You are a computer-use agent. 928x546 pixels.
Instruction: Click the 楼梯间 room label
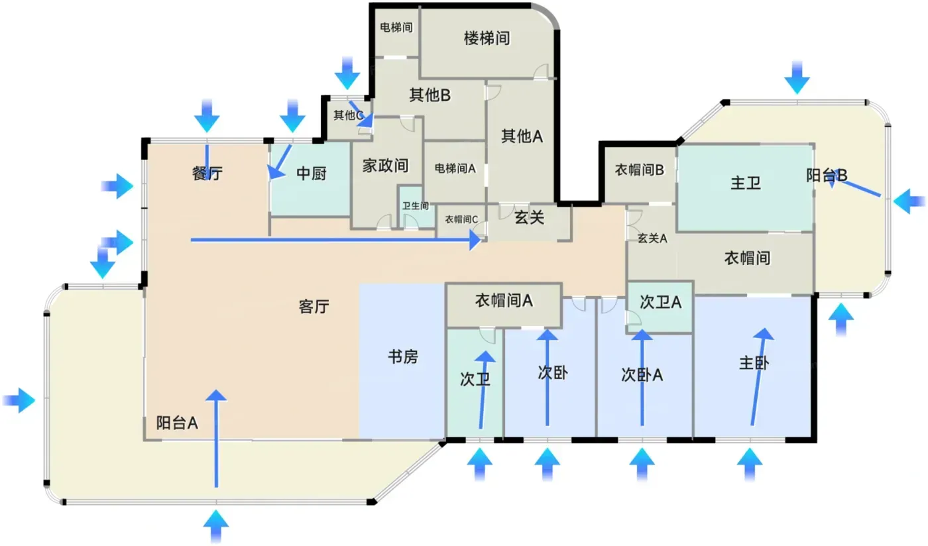click(x=487, y=38)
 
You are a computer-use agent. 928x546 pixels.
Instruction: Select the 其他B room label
click(x=430, y=95)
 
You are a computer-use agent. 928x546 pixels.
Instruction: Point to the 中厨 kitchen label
click(x=311, y=174)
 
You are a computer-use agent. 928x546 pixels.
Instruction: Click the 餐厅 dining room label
click(x=207, y=174)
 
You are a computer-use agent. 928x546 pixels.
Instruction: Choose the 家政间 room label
click(x=385, y=165)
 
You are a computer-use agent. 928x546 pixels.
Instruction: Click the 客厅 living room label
click(x=314, y=307)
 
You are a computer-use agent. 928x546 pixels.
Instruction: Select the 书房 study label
click(x=402, y=356)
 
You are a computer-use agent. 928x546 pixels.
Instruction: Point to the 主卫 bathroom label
click(x=745, y=183)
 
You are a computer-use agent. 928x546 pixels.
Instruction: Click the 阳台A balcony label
click(x=178, y=423)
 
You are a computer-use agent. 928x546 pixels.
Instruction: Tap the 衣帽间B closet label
click(x=639, y=170)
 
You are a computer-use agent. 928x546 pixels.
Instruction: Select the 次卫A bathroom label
click(x=660, y=302)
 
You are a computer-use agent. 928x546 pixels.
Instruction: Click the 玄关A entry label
click(x=652, y=239)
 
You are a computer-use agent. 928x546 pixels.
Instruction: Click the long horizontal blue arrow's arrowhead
click(x=475, y=241)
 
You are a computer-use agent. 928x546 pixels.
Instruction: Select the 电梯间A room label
click(x=455, y=168)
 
